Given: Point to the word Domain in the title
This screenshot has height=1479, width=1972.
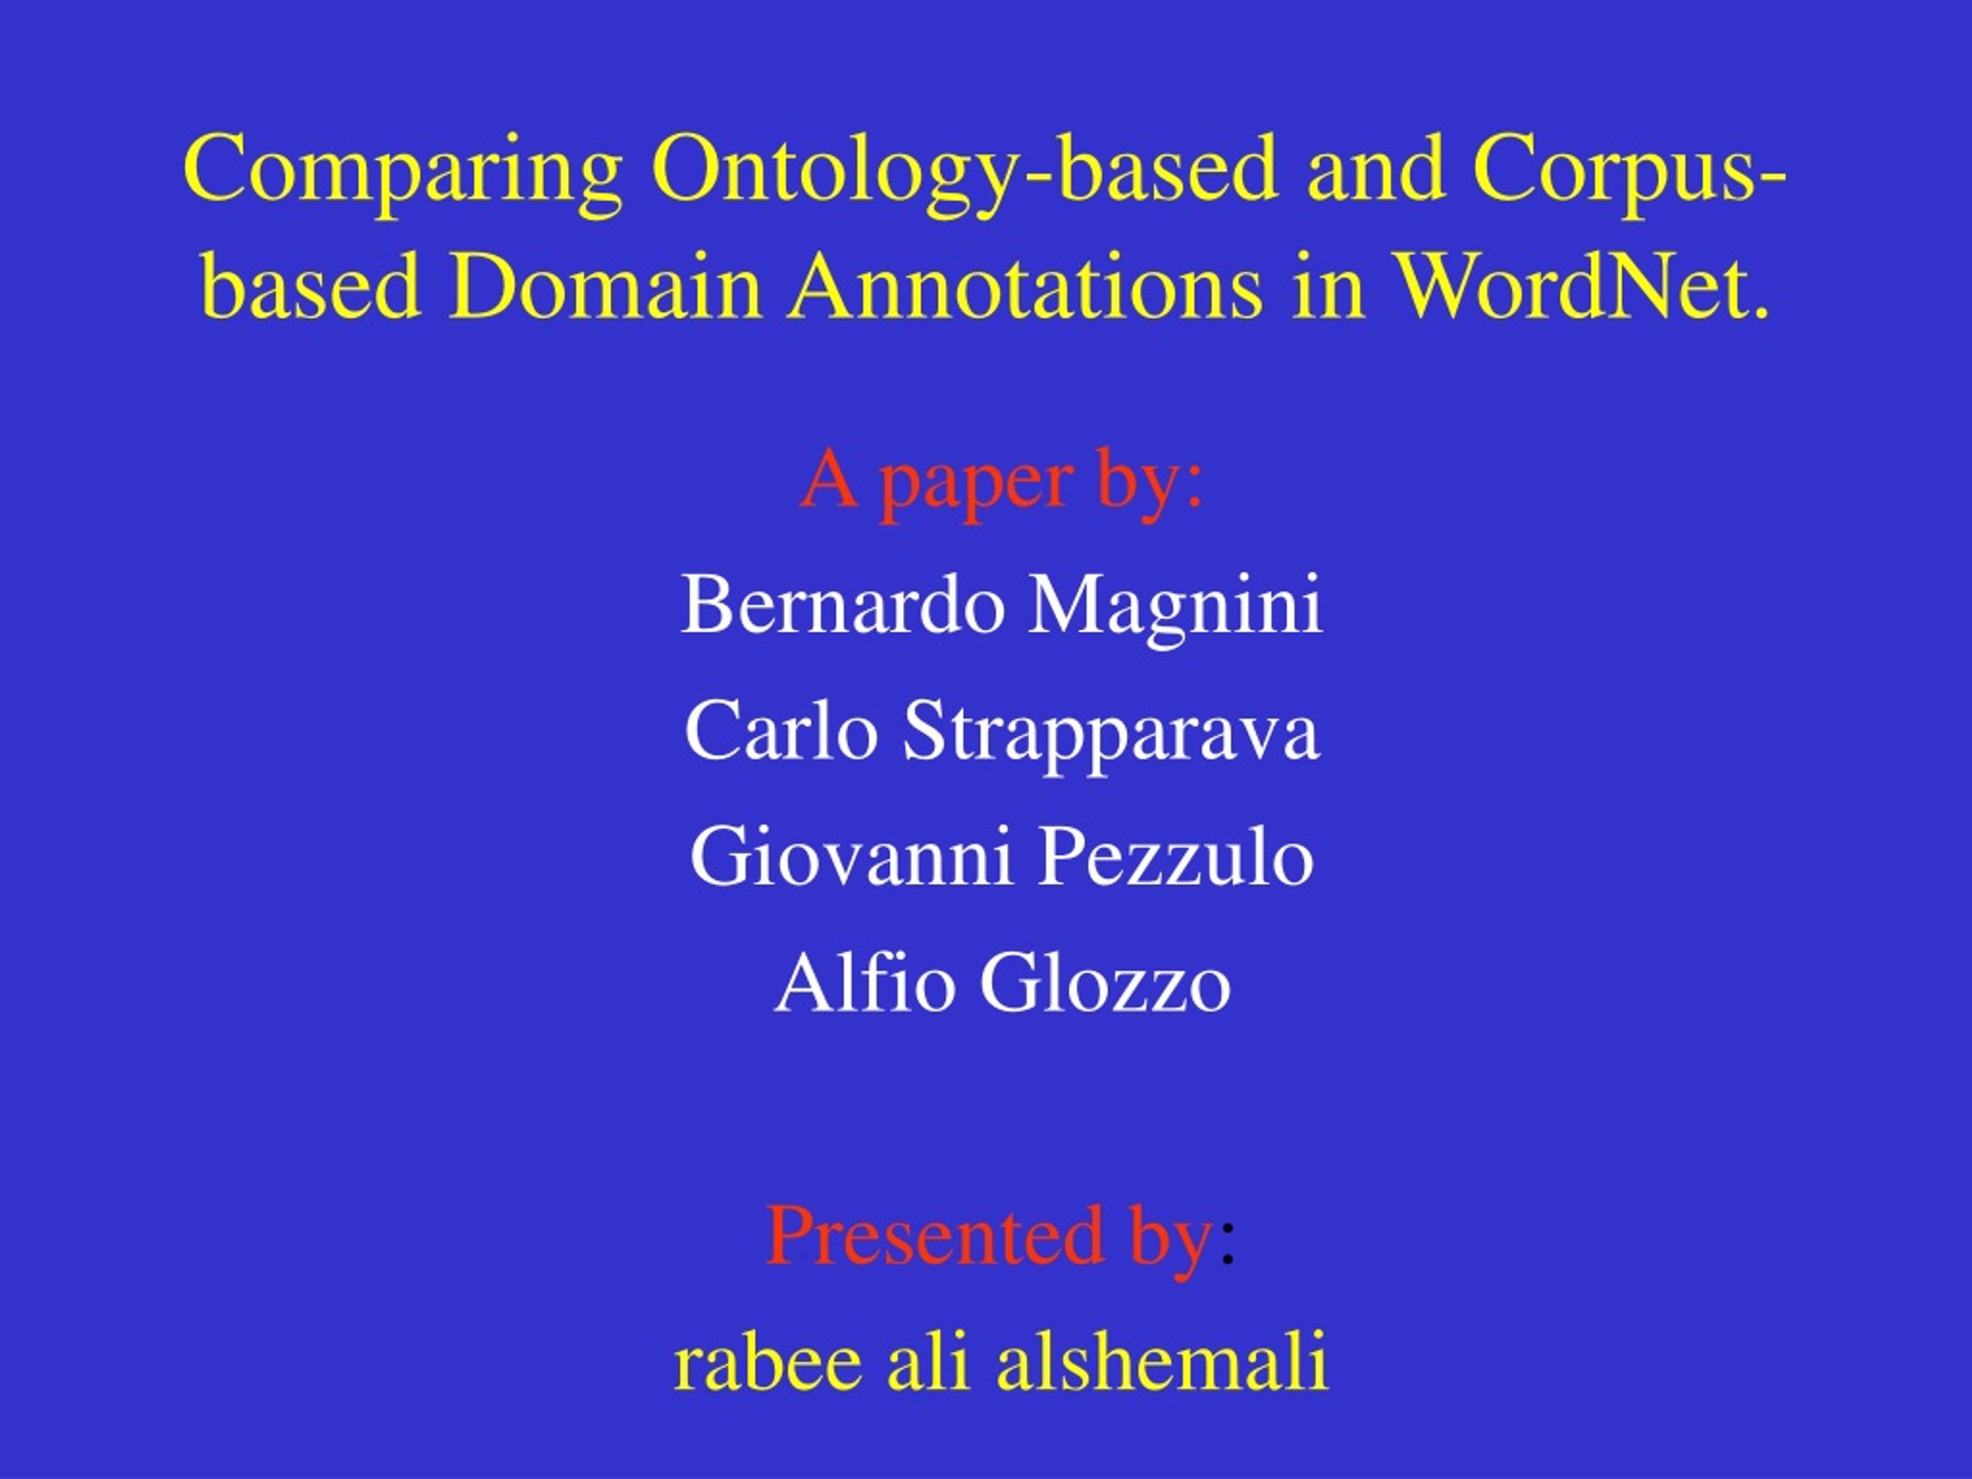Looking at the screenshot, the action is click(x=606, y=287).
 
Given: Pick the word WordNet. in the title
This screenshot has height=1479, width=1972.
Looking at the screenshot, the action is click(x=1582, y=287).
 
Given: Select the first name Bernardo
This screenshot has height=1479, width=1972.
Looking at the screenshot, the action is click(x=843, y=605).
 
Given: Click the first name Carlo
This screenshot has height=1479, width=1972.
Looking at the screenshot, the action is click(x=781, y=731).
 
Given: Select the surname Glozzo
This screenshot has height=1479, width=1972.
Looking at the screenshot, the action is click(x=1105, y=982).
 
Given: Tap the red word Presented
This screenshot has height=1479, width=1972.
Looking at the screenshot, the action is click(x=935, y=1236).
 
